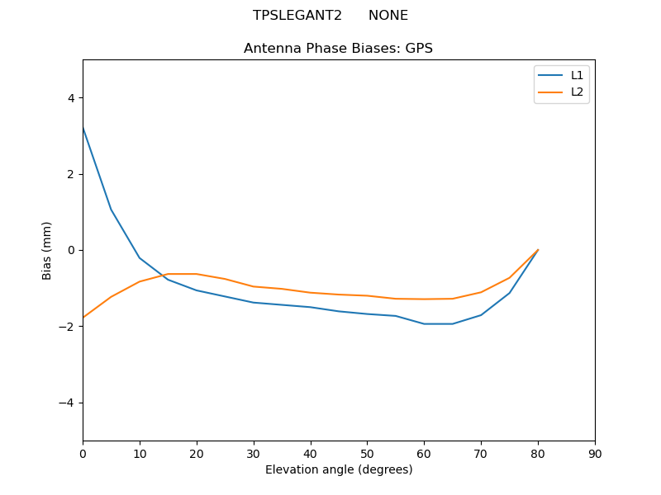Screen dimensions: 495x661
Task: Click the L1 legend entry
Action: coord(577,75)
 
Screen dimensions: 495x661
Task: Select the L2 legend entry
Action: coord(577,92)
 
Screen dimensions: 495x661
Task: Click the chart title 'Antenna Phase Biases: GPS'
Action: coord(338,49)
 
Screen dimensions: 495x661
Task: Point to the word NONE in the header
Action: coord(388,16)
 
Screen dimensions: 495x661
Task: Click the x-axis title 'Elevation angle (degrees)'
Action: coord(339,470)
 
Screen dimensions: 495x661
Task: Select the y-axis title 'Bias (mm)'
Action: coord(47,250)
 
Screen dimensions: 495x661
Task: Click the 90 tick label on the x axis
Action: coord(595,453)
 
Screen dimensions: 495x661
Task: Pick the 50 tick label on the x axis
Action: coord(367,453)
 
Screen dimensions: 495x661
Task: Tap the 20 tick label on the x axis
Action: coord(197,453)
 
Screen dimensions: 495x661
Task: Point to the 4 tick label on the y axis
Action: coord(70,98)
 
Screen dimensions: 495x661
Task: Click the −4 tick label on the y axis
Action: coord(67,403)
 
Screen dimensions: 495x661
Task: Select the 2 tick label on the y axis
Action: coord(70,174)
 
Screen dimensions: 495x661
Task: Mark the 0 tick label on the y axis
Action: coord(70,250)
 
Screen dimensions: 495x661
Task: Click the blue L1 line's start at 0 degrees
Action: coord(83,128)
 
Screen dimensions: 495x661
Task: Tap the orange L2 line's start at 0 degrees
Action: coord(83,318)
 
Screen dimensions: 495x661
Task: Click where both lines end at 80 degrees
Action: coord(538,250)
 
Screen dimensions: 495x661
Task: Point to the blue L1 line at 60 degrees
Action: coord(424,323)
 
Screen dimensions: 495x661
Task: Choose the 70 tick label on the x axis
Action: coord(481,453)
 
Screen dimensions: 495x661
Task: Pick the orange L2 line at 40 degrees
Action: coord(311,292)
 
